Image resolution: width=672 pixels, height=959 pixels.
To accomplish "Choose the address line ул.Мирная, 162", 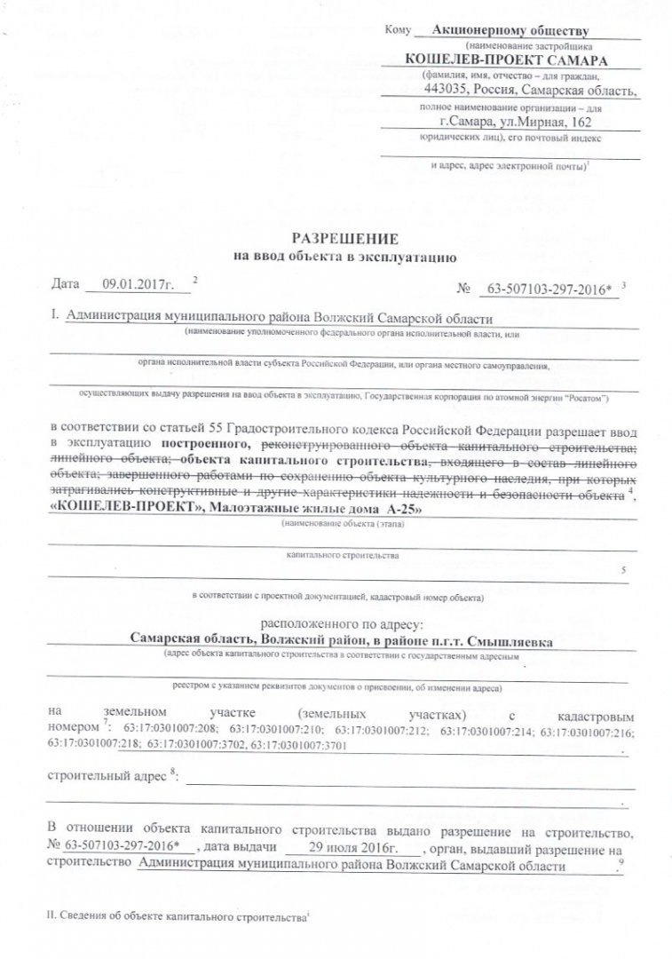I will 542,122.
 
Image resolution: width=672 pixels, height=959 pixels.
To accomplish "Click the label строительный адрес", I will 105,777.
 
